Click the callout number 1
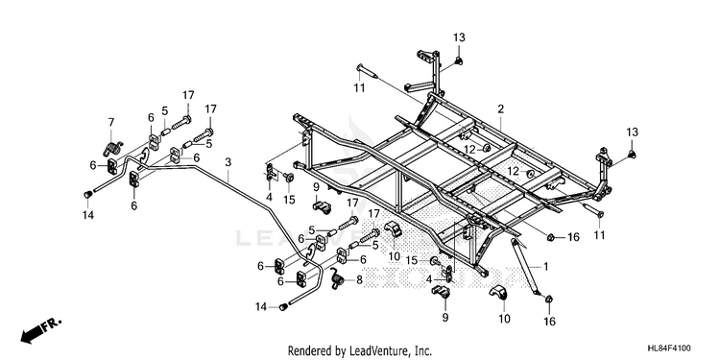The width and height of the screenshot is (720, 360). click(x=546, y=266)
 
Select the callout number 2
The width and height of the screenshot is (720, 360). click(x=500, y=108)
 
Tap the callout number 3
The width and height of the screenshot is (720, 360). click(x=228, y=161)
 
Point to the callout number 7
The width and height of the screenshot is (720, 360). click(x=110, y=122)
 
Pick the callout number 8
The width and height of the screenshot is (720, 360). click(x=359, y=278)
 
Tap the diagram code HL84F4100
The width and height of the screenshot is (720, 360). click(x=669, y=348)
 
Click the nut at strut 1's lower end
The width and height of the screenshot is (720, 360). click(x=549, y=300)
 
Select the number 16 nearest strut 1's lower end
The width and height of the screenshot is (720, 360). click(x=549, y=321)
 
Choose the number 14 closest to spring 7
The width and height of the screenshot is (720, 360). click(x=87, y=214)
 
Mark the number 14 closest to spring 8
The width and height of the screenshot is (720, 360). click(x=262, y=306)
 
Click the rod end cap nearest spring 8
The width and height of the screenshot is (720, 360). click(x=284, y=306)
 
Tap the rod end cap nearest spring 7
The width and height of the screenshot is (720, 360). click(x=87, y=195)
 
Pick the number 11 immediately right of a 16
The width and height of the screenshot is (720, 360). click(x=599, y=235)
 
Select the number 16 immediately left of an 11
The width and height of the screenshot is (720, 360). click(x=573, y=237)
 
